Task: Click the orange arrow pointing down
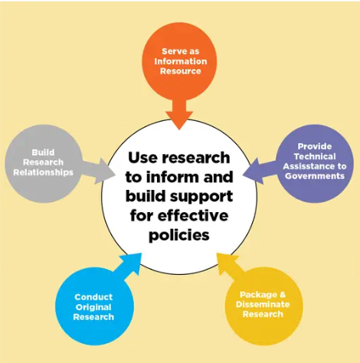pyautogui.click(x=179, y=113)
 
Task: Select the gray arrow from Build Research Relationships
pyautogui.click(x=98, y=171)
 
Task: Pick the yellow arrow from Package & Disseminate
pyautogui.click(x=229, y=266)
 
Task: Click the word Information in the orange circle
pyautogui.click(x=181, y=61)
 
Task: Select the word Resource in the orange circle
pyautogui.click(x=181, y=71)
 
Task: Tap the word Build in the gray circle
pyautogui.click(x=43, y=152)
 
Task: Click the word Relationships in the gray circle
pyautogui.click(x=43, y=172)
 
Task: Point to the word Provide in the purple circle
pyautogui.click(x=315, y=146)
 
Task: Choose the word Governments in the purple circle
pyautogui.click(x=315, y=176)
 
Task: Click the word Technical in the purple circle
pyautogui.click(x=315, y=156)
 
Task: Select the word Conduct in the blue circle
pyautogui.click(x=93, y=297)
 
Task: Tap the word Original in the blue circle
pyautogui.click(x=93, y=307)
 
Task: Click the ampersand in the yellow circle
pyautogui.click(x=283, y=294)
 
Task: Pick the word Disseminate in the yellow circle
pyautogui.click(x=263, y=304)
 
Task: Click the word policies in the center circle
pyautogui.click(x=179, y=235)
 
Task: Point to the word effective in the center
pyautogui.click(x=193, y=216)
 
